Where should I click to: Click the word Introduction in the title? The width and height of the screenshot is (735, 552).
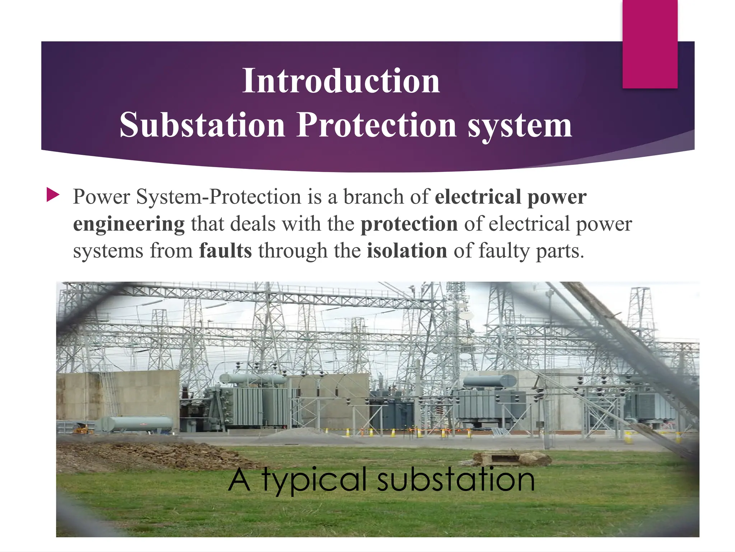tap(341, 81)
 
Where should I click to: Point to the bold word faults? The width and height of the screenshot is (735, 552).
tap(225, 250)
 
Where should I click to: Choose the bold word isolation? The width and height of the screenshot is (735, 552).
tap(407, 250)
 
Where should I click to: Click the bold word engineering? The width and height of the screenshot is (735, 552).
tap(129, 224)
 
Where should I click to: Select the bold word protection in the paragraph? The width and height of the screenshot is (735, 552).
tap(409, 224)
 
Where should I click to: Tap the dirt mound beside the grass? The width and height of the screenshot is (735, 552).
tap(151, 455)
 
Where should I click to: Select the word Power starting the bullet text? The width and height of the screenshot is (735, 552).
tap(101, 197)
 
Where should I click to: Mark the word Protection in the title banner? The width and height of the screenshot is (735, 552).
tap(377, 125)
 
